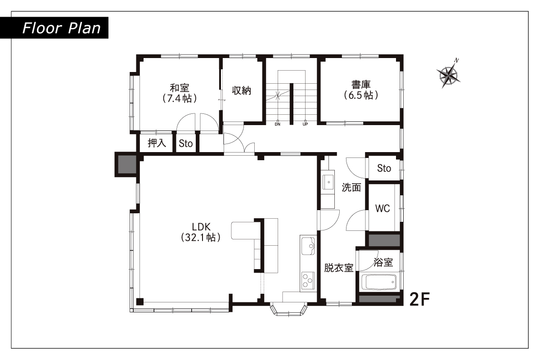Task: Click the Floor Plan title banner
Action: click(54, 28)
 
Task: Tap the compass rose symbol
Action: click(448, 75)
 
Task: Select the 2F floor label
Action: click(420, 299)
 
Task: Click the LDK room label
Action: click(201, 232)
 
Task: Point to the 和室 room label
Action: click(180, 93)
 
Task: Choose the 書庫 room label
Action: click(361, 90)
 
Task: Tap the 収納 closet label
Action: click(242, 90)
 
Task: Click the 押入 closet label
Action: click(157, 143)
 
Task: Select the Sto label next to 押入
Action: click(185, 144)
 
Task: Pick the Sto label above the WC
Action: click(384, 168)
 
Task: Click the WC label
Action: click(382, 208)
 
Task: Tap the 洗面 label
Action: click(351, 187)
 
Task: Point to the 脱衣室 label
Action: click(339, 268)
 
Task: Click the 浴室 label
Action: click(383, 262)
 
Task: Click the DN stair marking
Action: click(278, 124)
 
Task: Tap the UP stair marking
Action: click(305, 124)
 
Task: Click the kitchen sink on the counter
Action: click(308, 246)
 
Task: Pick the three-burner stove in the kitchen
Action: click(308, 281)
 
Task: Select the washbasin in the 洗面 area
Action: click(328, 182)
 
